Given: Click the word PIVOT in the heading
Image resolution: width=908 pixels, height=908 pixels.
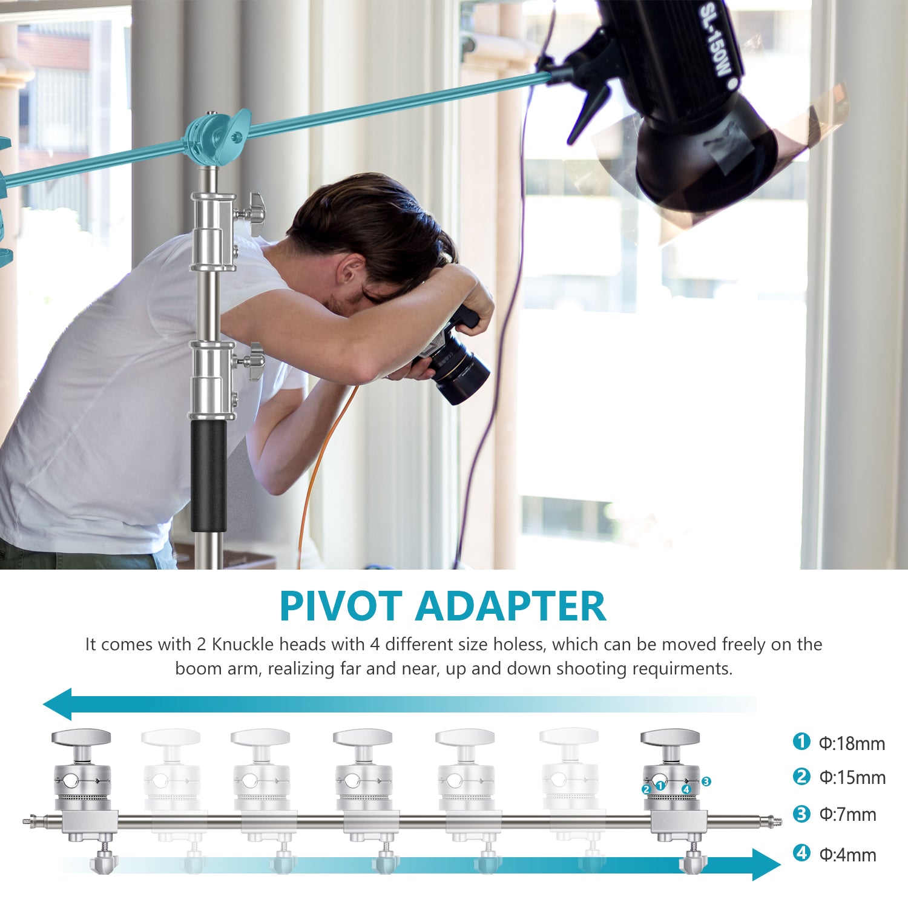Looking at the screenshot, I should coord(341,606).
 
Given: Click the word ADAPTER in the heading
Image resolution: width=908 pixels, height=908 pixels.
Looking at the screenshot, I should coord(510,606).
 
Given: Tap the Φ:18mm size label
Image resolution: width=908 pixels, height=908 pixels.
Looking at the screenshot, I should coord(851,743).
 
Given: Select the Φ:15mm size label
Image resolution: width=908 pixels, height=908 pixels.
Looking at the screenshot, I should coord(852,778).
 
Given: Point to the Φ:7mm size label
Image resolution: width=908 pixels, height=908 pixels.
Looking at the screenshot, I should coord(847,815).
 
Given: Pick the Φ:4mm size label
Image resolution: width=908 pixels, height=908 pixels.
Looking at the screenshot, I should coord(847,855).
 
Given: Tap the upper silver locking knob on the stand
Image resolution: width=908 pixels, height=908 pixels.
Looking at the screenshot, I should coord(253,213).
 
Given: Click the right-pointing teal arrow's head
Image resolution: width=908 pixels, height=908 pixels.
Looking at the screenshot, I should coord(766,864).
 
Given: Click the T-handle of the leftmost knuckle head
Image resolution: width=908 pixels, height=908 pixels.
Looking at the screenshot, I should coord(81,737).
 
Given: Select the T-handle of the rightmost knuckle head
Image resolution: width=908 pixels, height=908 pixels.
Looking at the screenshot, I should coord(670,737).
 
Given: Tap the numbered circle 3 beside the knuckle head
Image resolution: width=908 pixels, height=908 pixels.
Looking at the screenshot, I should coord(706,781).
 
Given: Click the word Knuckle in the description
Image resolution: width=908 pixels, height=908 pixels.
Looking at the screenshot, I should coord(241,644).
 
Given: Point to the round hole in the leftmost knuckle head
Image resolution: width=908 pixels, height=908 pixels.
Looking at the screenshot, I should coord(71,781).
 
